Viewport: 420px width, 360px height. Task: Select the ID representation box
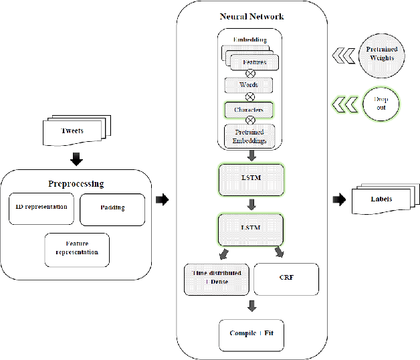click(x=41, y=207)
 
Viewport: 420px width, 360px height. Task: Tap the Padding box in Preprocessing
click(x=112, y=209)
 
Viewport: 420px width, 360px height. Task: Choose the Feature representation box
click(x=77, y=249)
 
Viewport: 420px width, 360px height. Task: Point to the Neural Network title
click(x=251, y=16)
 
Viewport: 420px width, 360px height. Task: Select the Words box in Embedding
click(x=249, y=86)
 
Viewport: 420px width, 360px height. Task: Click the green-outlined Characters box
click(x=249, y=108)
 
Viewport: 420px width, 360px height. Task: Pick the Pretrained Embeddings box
click(x=249, y=137)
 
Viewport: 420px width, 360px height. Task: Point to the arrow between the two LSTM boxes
click(x=251, y=203)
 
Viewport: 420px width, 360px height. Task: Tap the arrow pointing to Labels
click(x=339, y=199)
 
